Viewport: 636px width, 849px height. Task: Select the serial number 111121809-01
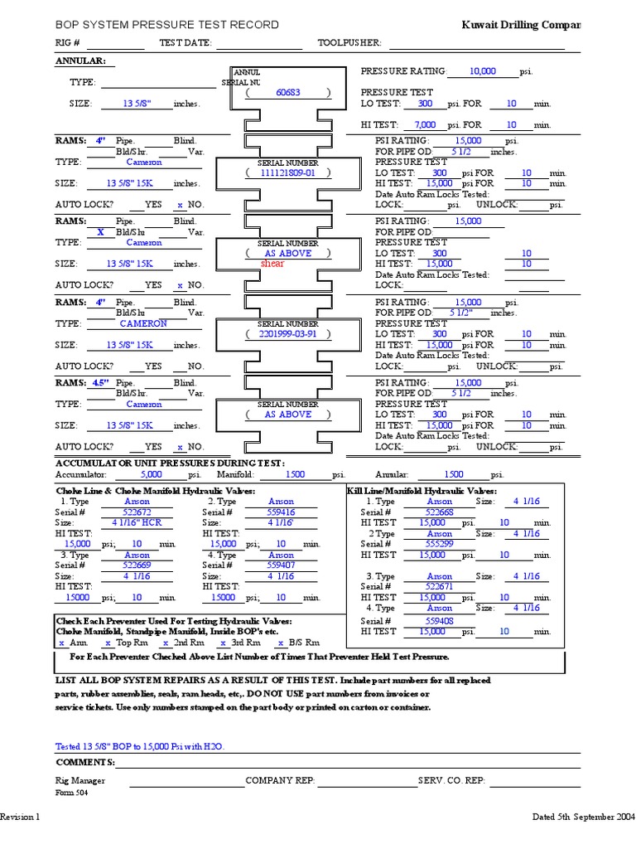pyautogui.click(x=287, y=172)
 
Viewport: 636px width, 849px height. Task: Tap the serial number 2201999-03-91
pyautogui.click(x=287, y=334)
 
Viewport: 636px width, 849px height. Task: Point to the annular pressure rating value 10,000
pyautogui.click(x=482, y=71)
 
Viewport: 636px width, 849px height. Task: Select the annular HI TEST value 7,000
pyautogui.click(x=425, y=124)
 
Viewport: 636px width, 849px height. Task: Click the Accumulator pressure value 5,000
pyautogui.click(x=152, y=475)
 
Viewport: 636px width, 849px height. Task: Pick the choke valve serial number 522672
pyautogui.click(x=137, y=512)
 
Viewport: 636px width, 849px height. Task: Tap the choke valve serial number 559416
pyautogui.click(x=281, y=512)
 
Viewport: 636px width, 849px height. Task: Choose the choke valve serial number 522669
pyautogui.click(x=137, y=565)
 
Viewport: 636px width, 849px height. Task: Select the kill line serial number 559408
pyautogui.click(x=439, y=620)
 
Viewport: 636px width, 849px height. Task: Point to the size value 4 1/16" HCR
pyautogui.click(x=137, y=523)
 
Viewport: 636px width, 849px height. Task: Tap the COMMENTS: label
pyautogui.click(x=85, y=762)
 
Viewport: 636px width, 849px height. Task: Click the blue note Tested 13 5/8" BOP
pyautogui.click(x=139, y=746)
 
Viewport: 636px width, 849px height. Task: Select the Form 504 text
pyautogui.click(x=71, y=793)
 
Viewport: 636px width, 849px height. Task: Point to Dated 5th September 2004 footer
pyautogui.click(x=583, y=817)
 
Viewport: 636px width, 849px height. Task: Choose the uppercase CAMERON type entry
pyautogui.click(x=143, y=323)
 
